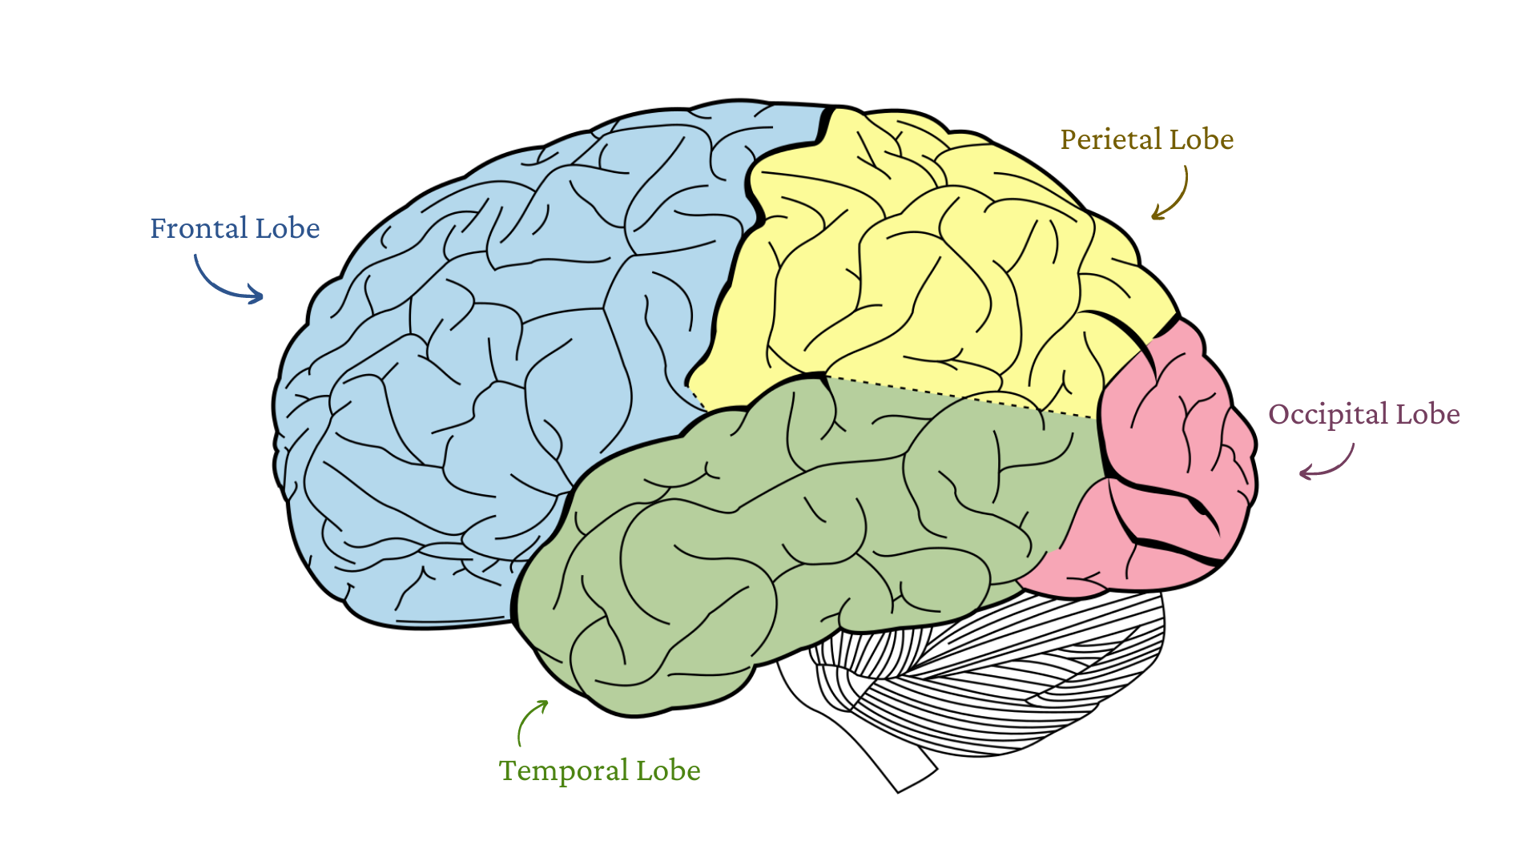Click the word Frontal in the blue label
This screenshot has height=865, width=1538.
point(199,229)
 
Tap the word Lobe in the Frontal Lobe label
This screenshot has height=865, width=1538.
point(288,229)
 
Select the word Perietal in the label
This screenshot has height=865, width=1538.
point(1110,140)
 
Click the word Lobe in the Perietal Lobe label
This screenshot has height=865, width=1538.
point(1202,140)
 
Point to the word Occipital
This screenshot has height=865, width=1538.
point(1328,415)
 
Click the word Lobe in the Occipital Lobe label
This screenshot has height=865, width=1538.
point(1427,415)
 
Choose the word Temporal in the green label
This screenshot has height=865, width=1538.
point(563,771)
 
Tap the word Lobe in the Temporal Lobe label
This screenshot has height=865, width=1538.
point(668,771)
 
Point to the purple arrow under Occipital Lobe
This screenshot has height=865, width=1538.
point(1330,465)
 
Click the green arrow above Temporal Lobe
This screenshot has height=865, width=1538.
point(529,721)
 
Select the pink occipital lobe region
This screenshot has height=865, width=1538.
point(1170,465)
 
